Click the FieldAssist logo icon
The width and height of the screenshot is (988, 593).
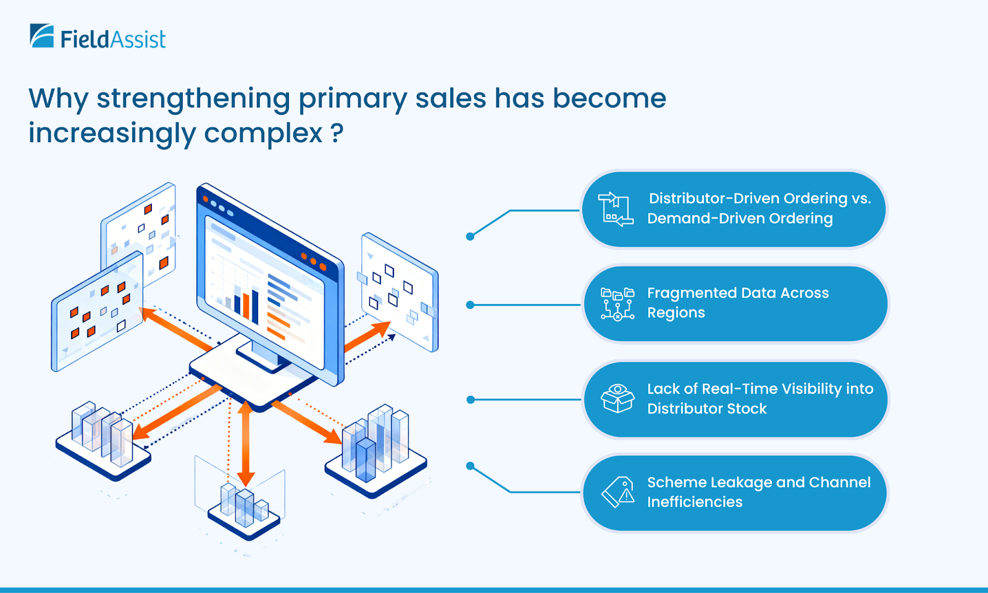coord(42,36)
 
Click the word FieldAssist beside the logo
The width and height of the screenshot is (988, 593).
coord(113,40)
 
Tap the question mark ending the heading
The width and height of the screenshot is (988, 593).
coord(337,133)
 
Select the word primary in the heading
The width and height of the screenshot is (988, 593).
coord(353,99)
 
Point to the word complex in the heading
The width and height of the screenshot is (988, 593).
coord(263,133)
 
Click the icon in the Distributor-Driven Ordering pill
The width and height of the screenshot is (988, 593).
coord(615,209)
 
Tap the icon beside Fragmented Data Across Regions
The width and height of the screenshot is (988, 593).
coord(617,303)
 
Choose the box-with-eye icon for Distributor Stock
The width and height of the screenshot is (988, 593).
coord(617,398)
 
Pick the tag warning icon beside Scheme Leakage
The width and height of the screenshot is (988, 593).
coord(618,492)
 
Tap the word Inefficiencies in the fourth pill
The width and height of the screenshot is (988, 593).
coord(695,502)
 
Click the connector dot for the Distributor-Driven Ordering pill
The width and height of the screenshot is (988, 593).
coord(470,236)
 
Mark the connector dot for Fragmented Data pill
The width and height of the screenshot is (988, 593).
coord(470,305)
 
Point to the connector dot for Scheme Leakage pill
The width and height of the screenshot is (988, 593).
coord(470,466)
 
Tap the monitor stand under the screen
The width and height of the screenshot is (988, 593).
coord(259,355)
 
